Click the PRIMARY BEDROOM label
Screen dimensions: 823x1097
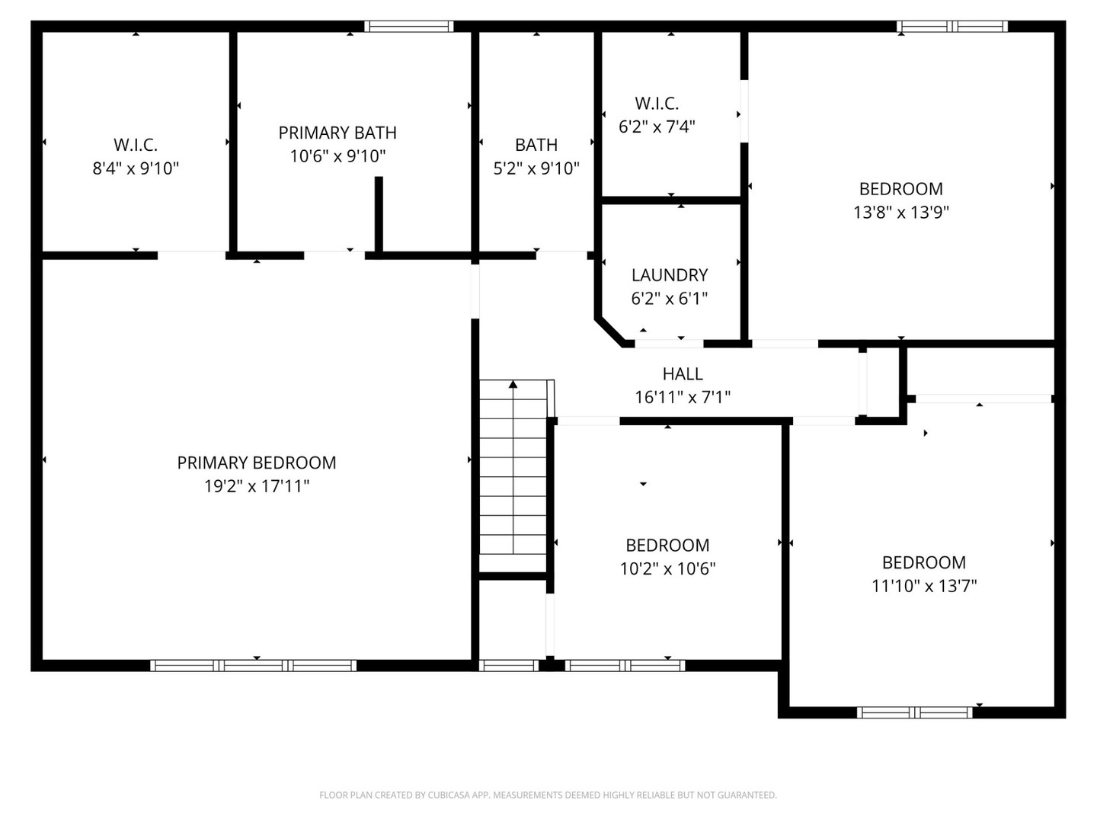point(256,463)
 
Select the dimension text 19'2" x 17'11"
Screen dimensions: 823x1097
point(256,486)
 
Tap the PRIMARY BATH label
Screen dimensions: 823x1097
point(337,133)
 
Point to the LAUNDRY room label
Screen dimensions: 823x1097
point(670,275)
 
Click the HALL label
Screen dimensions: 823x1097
point(683,373)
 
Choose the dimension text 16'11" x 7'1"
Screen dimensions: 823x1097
point(683,397)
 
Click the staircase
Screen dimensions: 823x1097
point(513,476)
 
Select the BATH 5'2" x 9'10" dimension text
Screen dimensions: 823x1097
point(536,168)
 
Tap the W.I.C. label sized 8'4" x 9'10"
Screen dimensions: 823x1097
point(136,145)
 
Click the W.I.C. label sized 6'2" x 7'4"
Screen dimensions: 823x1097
point(657,104)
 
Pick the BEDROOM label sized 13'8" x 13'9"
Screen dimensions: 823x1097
point(900,189)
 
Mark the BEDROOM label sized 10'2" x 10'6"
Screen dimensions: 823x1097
point(667,546)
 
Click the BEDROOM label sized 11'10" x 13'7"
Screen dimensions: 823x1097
point(923,562)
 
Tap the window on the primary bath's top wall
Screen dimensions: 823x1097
point(409,27)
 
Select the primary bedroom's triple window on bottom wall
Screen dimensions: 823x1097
point(253,665)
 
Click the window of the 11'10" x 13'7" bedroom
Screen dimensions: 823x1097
point(914,713)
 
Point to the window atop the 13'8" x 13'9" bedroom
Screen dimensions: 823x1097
point(952,27)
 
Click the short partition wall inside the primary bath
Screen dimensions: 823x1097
point(379,213)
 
